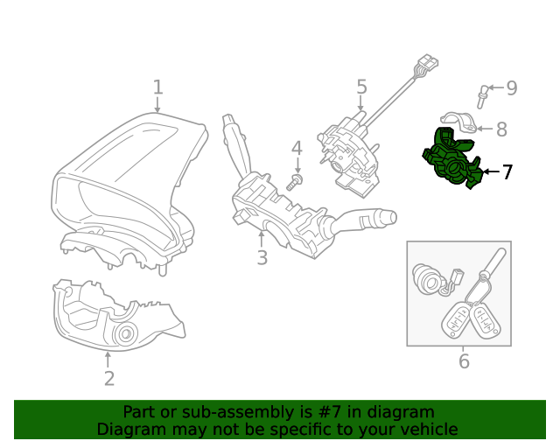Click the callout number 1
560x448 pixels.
pos(157,87)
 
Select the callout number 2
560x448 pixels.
pos(108,379)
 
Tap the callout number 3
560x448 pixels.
pos(262,257)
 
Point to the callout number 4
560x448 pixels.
pos(297,148)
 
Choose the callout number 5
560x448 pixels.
pos(361,87)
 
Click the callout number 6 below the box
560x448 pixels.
pos(464,360)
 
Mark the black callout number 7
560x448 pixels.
pos(507,172)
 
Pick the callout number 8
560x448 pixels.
pos(500,129)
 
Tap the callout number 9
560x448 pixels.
pos(511,87)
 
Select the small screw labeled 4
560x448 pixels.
pos(295,181)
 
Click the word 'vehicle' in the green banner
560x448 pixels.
pos(426,429)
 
